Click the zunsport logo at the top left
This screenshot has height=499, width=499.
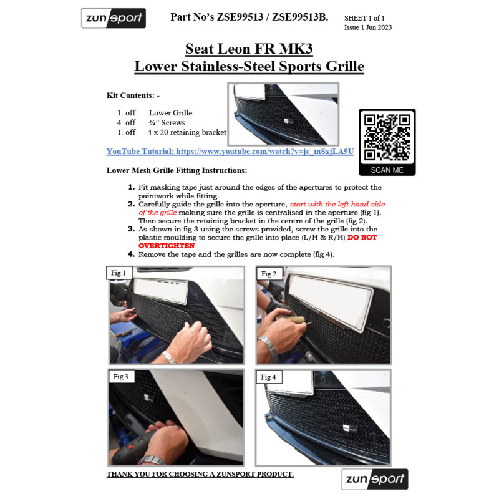point(114,18)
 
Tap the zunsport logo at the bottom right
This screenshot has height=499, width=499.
point(375,479)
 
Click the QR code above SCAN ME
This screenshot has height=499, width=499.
point(387,137)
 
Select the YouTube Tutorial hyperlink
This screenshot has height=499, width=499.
point(230,152)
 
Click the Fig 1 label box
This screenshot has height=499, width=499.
point(119,273)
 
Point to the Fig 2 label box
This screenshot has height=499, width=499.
point(269,274)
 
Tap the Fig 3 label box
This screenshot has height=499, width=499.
point(121,377)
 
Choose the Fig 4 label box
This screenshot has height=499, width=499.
point(269,377)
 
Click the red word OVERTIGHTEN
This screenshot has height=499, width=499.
point(167,246)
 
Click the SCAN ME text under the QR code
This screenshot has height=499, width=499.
point(387,170)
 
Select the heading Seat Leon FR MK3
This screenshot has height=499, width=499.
point(249,49)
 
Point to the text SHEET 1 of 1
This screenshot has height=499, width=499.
point(364,18)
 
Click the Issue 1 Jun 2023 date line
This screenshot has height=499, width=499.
point(368,27)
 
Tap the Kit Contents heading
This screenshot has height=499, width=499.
point(133,95)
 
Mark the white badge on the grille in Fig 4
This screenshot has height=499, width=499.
point(349,428)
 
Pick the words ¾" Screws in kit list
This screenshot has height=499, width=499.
point(167,123)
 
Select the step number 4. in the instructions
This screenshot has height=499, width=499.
point(131,254)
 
